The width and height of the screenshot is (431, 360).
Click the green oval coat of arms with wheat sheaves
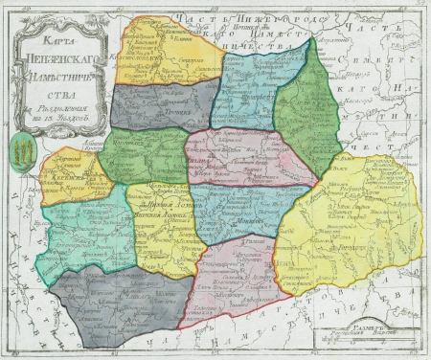[x=23, y=149]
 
